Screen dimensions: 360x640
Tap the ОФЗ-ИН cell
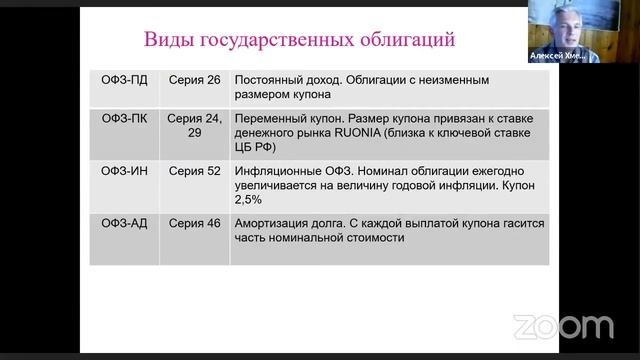(124, 171)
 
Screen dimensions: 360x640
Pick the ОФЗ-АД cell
(124, 223)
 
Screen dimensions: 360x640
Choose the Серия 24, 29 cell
(194, 125)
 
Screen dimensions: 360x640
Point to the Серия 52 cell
(194, 171)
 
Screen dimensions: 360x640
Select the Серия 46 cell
(194, 223)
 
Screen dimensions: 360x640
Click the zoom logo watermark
(563, 326)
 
